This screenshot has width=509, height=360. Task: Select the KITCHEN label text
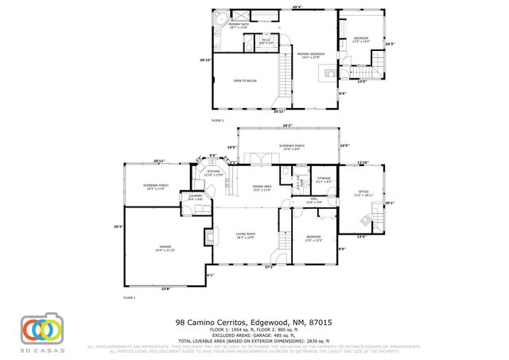(x=213, y=172)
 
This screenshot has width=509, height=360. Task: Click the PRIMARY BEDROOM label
(x=313, y=55)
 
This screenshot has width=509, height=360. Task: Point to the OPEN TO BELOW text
(x=244, y=81)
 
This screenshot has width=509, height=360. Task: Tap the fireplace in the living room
(x=208, y=235)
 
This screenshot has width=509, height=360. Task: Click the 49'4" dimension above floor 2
(x=297, y=8)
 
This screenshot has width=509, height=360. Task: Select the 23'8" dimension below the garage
(x=165, y=288)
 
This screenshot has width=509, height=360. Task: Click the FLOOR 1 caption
(x=129, y=296)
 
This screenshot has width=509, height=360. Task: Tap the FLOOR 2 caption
(x=217, y=120)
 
